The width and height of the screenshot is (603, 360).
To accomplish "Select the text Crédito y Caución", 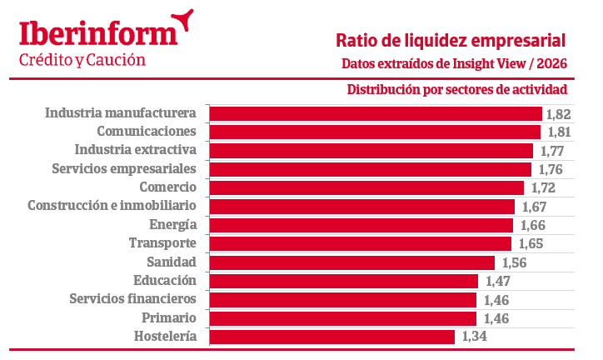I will click(x=82, y=60).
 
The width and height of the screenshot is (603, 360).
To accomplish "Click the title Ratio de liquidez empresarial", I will click(x=451, y=39).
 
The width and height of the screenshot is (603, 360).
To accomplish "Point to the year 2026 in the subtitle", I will click(x=551, y=63).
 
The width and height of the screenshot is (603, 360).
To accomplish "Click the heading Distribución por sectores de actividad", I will click(x=457, y=90).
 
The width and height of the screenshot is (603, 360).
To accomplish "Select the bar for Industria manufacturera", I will click(x=375, y=113).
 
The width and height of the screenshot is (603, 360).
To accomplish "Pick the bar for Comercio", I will click(x=366, y=187).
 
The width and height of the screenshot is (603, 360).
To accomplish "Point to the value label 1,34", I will click(x=471, y=337).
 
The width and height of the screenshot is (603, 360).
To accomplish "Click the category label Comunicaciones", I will click(x=146, y=132).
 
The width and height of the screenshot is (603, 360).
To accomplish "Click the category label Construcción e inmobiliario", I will click(x=112, y=205).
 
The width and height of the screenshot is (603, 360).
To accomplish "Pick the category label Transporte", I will click(x=162, y=242).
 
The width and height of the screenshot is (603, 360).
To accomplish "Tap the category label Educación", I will click(x=164, y=280).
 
